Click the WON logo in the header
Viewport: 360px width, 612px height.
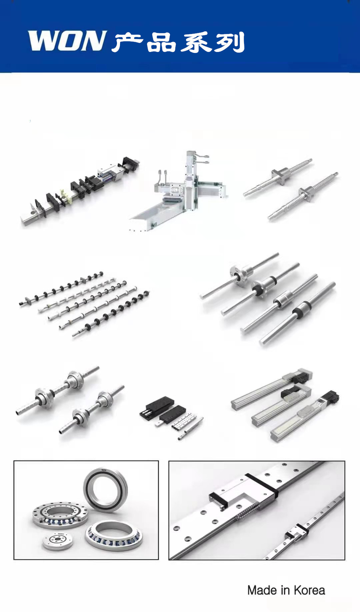pos(67,41)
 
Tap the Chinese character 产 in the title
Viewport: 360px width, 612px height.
pos(128,42)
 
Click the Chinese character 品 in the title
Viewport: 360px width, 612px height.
pos(161,42)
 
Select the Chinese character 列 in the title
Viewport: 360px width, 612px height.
pos(229,42)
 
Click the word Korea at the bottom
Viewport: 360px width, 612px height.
pos(309,590)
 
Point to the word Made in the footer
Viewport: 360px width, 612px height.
pos(262,590)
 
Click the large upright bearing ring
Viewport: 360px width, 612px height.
pos(105,490)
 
